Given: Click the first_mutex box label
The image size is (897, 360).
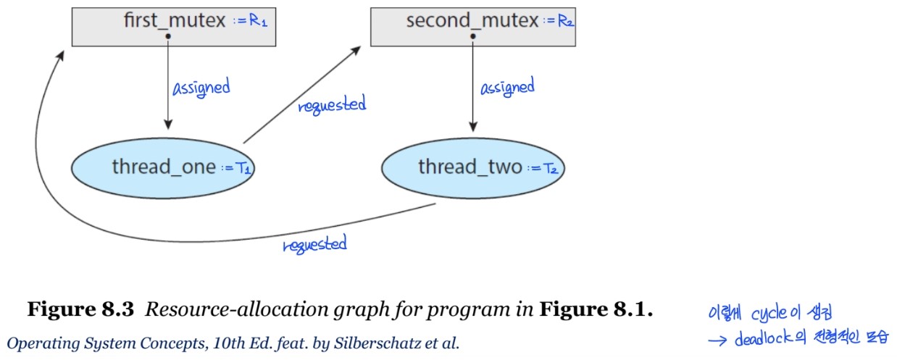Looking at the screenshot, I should click(176, 20).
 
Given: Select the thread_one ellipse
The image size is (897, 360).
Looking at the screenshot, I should click(164, 167).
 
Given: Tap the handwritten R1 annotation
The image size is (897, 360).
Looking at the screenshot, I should click(253, 22).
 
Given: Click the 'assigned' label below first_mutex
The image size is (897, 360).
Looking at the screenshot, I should click(201, 88).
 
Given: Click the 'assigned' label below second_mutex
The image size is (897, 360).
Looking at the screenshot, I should click(507, 88).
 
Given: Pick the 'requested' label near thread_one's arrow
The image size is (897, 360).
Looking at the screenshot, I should click(332, 106).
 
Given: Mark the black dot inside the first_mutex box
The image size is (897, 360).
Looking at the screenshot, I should click(167, 35).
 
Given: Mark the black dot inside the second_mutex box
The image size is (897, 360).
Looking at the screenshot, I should click(472, 35).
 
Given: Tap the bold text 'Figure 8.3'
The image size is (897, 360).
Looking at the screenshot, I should click(80, 311).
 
